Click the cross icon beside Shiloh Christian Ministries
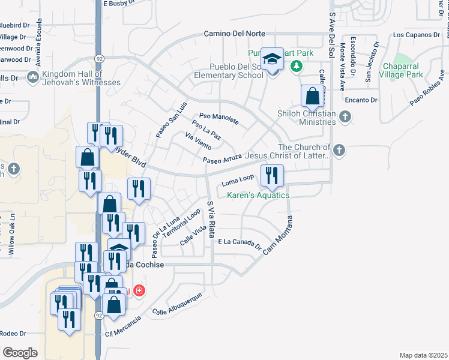point(345,118)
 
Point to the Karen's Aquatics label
point(258,195)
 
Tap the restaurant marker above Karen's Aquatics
point(272,175)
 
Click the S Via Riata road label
point(211,220)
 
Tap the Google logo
point(20,353)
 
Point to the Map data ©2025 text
point(423,355)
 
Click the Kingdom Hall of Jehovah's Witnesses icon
point(32,77)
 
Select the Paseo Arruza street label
point(221,159)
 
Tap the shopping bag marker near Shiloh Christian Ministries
point(312,96)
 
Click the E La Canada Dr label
point(240,242)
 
